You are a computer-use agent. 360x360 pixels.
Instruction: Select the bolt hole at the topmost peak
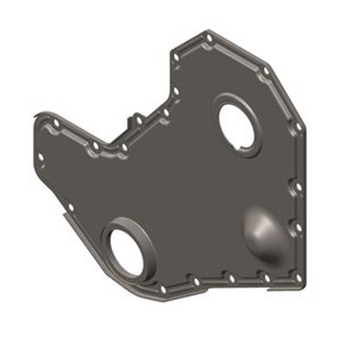click(209, 38)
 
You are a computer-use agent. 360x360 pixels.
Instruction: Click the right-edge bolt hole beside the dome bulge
click(298, 227)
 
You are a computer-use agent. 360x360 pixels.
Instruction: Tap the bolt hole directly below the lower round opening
click(163, 289)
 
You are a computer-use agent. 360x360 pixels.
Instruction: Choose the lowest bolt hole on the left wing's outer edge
click(71, 207)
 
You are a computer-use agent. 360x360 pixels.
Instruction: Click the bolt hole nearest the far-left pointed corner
click(56, 124)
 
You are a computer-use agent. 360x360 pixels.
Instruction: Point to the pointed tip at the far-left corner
click(36, 116)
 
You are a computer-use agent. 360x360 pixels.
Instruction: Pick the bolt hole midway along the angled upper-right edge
click(266, 71)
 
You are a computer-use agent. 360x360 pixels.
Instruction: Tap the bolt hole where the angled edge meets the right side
click(298, 126)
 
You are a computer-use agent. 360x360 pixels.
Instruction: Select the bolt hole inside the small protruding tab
click(138, 121)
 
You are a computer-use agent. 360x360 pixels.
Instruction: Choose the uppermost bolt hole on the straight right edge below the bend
click(298, 186)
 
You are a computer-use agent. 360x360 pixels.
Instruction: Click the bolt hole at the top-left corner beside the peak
click(176, 58)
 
